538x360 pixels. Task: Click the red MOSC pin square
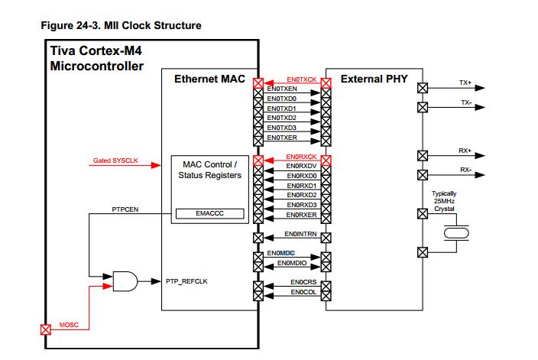tap(46, 329)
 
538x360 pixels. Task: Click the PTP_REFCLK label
tap(186, 281)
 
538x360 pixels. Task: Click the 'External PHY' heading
tap(374, 79)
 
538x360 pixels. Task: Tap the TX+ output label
tap(465, 82)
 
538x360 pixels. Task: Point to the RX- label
tap(465, 170)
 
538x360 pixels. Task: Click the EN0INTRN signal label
tap(300, 234)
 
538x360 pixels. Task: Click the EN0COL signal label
tap(303, 292)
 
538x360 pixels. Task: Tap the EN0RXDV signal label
tap(301, 167)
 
